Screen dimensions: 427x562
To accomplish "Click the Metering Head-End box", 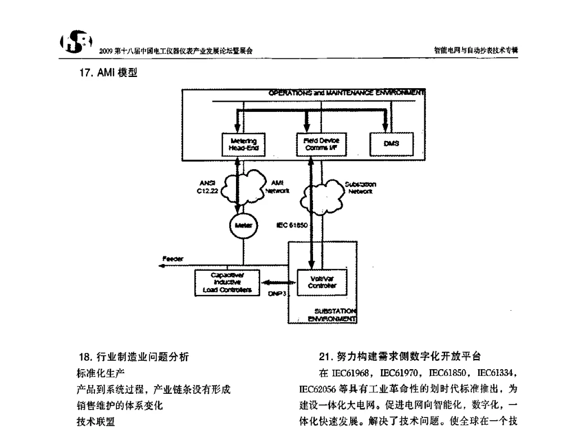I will [243, 144].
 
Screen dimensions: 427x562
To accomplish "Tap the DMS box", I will [391, 144].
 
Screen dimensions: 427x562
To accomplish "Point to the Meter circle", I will [241, 225].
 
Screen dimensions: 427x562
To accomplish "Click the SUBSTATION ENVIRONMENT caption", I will [336, 315].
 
